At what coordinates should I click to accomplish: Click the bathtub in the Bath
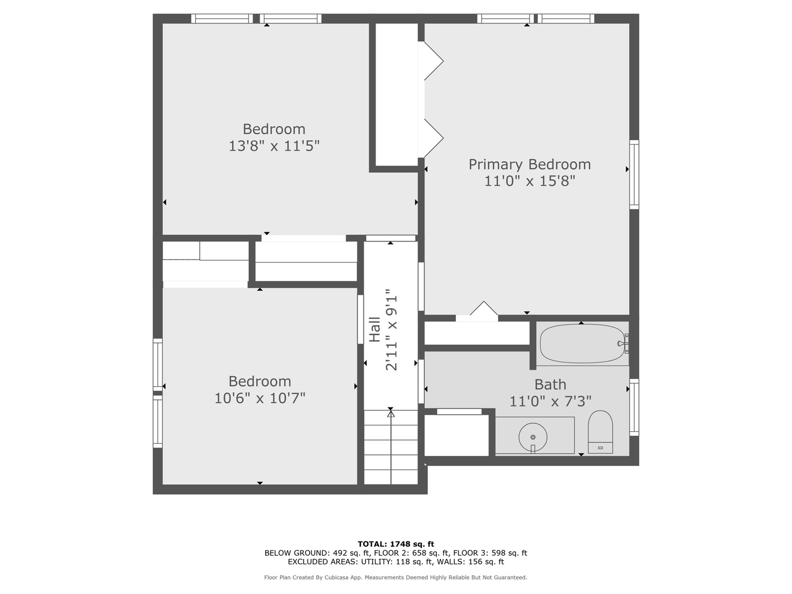[x=582, y=344]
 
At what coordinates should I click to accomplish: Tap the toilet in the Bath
[x=601, y=432]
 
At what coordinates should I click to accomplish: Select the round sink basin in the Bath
[x=533, y=437]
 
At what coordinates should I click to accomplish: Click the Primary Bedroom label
[x=530, y=164]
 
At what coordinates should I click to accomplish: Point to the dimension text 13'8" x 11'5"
[x=274, y=146]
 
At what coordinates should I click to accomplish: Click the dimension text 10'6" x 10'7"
[x=260, y=399]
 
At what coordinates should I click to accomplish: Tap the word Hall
[x=375, y=329]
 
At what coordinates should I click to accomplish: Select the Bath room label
[x=550, y=384]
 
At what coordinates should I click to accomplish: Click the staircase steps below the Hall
[x=391, y=447]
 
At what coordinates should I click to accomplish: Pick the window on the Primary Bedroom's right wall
[x=634, y=174]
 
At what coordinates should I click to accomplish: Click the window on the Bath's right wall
[x=634, y=408]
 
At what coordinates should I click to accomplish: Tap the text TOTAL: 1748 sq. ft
[x=396, y=544]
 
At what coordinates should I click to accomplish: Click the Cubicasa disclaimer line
[x=396, y=577]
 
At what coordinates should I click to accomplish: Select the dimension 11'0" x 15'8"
[x=529, y=181]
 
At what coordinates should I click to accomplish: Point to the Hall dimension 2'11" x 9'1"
[x=391, y=329]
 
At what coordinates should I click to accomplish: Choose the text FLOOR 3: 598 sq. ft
[x=490, y=553]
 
